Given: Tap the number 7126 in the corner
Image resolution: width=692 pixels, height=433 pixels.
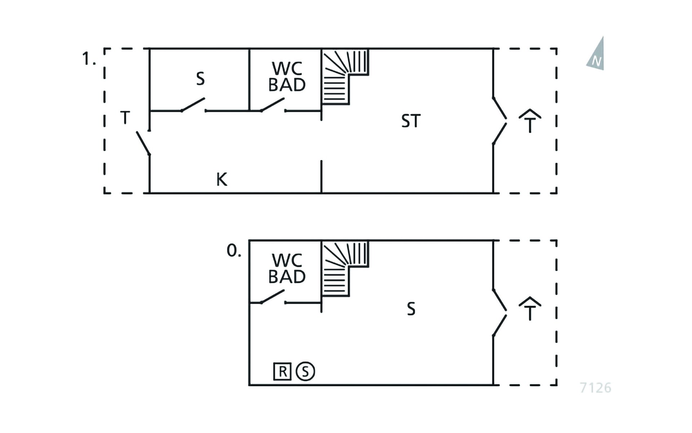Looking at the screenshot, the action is [x=595, y=388].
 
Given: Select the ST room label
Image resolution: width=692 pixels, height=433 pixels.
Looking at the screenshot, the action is [x=411, y=121].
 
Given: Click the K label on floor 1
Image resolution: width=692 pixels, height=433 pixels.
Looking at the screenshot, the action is [x=222, y=179].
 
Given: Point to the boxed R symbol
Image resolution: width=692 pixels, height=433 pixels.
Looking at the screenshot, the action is [x=282, y=371].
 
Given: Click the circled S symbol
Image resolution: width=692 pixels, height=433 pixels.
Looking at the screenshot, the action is [x=305, y=371].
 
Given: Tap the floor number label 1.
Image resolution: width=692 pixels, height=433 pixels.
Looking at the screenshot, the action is [x=89, y=58].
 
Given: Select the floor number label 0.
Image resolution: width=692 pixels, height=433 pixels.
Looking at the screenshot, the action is [x=234, y=250].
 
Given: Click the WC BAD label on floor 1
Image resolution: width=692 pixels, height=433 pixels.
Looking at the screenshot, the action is [x=287, y=76].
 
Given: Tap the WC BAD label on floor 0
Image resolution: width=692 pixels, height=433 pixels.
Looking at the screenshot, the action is [x=287, y=268].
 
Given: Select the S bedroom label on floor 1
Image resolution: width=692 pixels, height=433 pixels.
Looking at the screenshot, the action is [x=200, y=79].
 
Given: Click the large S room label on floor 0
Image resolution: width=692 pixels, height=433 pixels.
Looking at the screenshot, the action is [x=411, y=309].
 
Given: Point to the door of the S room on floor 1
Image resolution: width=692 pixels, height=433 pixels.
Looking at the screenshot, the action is [x=193, y=104].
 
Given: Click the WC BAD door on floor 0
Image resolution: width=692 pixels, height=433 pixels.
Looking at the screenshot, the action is [x=273, y=296].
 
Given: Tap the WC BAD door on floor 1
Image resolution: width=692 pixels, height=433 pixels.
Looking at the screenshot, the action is [x=273, y=104].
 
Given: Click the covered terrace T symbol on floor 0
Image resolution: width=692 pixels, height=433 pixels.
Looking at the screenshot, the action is [x=530, y=309].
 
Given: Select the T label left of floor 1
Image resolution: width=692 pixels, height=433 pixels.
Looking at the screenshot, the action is [x=125, y=118].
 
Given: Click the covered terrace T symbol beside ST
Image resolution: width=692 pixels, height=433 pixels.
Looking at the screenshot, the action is [x=530, y=121].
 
